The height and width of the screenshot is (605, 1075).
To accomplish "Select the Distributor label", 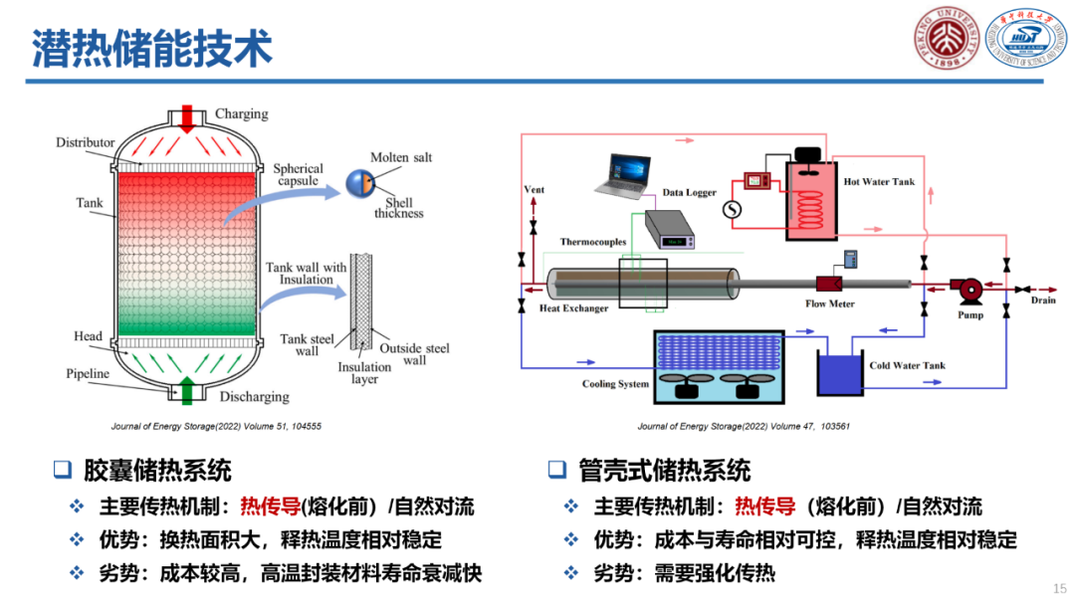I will click(86, 143).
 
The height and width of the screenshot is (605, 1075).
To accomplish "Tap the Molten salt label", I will click(401, 158).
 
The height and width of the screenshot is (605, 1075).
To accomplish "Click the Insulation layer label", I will click(364, 373).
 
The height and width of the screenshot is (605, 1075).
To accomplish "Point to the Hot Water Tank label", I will click(879, 182).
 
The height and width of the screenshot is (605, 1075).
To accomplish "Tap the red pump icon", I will click(967, 290).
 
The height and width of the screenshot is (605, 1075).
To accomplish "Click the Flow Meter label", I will click(830, 304).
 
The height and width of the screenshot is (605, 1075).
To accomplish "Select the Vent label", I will click(535, 190).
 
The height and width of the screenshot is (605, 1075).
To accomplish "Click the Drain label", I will click(1043, 300).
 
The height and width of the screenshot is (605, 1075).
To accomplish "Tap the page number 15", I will click(1059, 589).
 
